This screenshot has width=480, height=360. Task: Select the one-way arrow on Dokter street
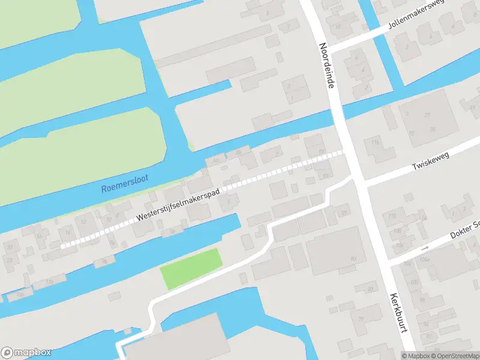click(425, 248)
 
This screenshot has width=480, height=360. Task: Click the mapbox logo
click(26, 353)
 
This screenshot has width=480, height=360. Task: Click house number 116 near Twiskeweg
click(376, 142)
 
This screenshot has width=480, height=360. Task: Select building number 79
click(361, 319)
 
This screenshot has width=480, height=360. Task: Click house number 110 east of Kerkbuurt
click(394, 215)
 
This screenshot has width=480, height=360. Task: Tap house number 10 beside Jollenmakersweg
click(338, 26)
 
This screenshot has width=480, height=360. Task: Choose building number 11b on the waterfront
click(49, 281)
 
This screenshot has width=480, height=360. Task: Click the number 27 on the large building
click(428, 115)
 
